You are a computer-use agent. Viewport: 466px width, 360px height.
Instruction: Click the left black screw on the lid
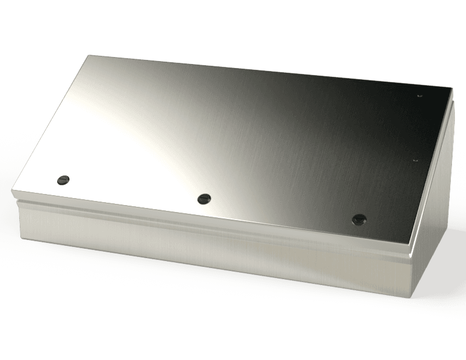[x=63, y=179]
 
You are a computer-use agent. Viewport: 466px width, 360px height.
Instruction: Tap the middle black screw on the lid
[x=203, y=199]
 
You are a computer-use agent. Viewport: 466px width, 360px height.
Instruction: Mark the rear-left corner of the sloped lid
[x=88, y=55]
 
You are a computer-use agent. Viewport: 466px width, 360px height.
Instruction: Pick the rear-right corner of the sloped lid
[x=451, y=88]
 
